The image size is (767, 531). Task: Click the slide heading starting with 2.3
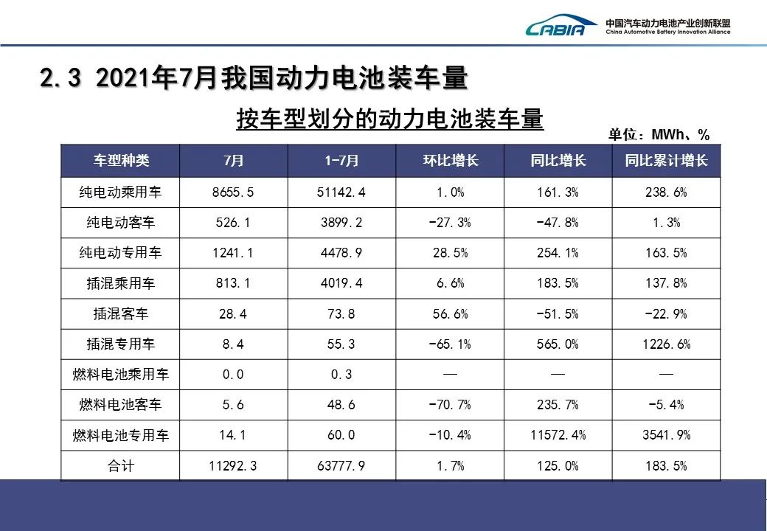click(x=254, y=78)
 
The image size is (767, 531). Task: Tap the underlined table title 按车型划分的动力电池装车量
click(x=389, y=119)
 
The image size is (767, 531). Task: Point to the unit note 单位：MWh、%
click(x=659, y=134)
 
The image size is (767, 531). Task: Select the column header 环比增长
click(x=450, y=161)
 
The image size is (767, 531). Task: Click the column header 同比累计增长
click(x=666, y=161)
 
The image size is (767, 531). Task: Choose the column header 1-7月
click(x=342, y=161)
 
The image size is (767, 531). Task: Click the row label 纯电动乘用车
click(x=120, y=192)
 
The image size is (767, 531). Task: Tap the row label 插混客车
click(x=120, y=314)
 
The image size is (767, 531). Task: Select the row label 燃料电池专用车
click(x=120, y=435)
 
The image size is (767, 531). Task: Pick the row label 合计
click(x=120, y=465)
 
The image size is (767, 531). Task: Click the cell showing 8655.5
click(x=233, y=192)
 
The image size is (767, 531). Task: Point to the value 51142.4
click(x=341, y=192)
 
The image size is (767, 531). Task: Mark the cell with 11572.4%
click(x=558, y=435)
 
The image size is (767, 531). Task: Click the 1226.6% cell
click(x=666, y=344)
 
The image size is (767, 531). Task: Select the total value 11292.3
click(x=233, y=465)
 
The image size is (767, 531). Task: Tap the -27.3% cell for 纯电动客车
click(x=450, y=223)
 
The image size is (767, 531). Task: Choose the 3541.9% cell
click(x=666, y=435)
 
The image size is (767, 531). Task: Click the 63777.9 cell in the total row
click(x=341, y=465)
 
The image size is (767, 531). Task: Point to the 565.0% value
click(x=558, y=344)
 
